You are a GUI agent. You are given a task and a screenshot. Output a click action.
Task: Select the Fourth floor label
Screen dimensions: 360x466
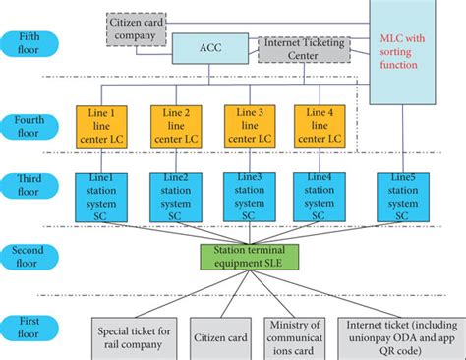click(x=36, y=126)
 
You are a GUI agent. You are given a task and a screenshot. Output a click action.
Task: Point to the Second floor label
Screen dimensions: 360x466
click(x=36, y=258)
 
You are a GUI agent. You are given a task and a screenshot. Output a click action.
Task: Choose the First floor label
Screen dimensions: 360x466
click(x=36, y=329)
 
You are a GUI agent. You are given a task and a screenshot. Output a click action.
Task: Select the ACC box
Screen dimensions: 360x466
click(x=211, y=48)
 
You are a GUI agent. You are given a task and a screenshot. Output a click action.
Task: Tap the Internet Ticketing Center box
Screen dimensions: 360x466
click(x=304, y=47)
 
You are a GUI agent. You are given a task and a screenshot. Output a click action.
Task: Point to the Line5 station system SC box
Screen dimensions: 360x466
click(x=403, y=197)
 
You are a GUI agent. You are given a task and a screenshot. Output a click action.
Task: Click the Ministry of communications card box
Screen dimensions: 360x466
click(x=296, y=337)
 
